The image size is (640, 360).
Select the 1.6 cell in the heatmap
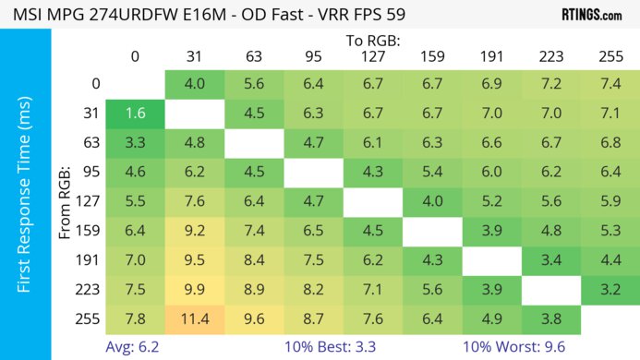tap(136, 114)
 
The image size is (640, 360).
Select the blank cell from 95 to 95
tap(313, 173)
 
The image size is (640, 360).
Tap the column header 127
tap(372, 56)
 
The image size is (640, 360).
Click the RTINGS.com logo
tap(591, 15)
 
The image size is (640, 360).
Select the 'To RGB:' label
tap(373, 41)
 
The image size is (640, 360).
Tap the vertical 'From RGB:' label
tap(65, 202)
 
